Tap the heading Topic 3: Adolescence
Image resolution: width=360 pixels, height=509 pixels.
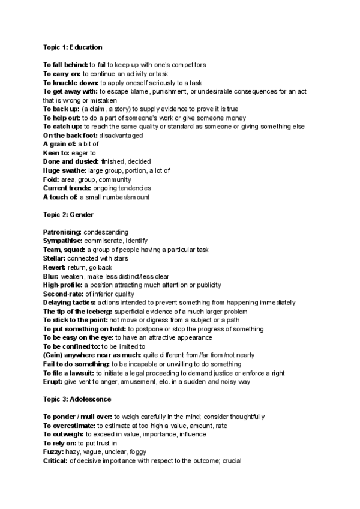[77, 399]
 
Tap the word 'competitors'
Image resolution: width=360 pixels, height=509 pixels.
[186, 65]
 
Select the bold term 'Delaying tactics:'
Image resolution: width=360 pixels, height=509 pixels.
[70, 303]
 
